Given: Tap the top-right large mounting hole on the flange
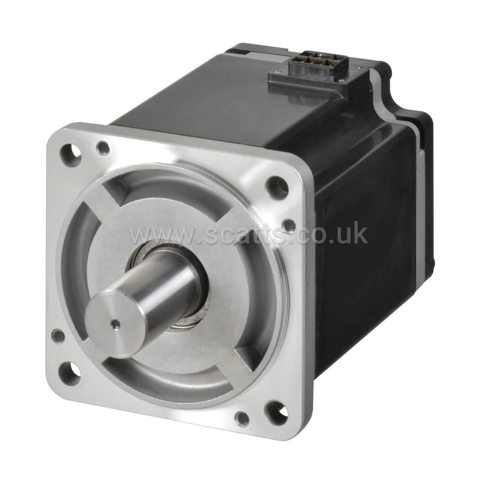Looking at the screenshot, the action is [x=276, y=184].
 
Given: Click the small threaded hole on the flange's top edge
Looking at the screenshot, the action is [x=103, y=147].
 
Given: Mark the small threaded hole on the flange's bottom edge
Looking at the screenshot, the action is [x=242, y=418].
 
